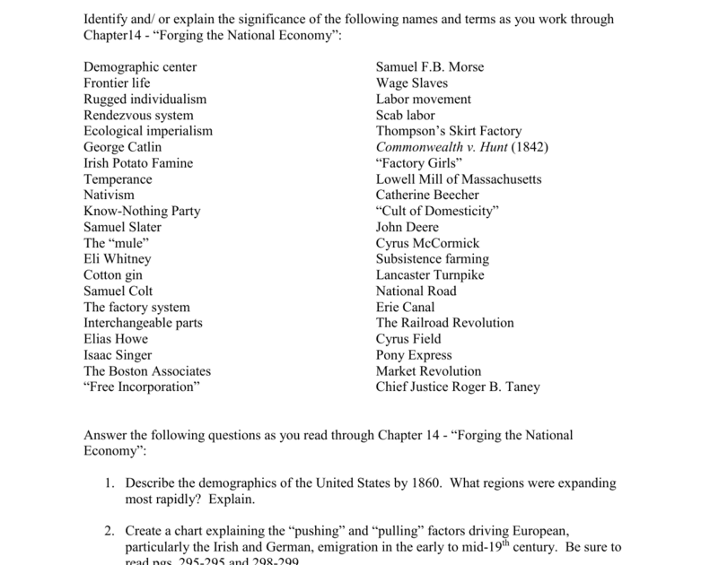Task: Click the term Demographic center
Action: [140, 67]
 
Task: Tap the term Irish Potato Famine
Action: [138, 163]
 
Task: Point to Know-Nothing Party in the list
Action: [142, 212]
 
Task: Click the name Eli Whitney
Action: [118, 259]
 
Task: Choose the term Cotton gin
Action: [113, 275]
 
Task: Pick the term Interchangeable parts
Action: [143, 323]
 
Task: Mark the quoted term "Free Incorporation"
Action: [142, 387]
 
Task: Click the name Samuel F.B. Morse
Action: [430, 67]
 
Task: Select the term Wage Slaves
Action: [412, 83]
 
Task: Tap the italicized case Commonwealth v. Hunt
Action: [439, 147]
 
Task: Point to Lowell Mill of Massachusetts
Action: [459, 179]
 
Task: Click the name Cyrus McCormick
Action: [428, 243]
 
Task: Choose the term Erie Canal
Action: [406, 307]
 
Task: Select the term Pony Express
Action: [414, 355]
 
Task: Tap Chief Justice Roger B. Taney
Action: [458, 387]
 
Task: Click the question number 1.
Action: [108, 483]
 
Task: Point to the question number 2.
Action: [108, 531]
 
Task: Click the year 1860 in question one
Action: [411, 483]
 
